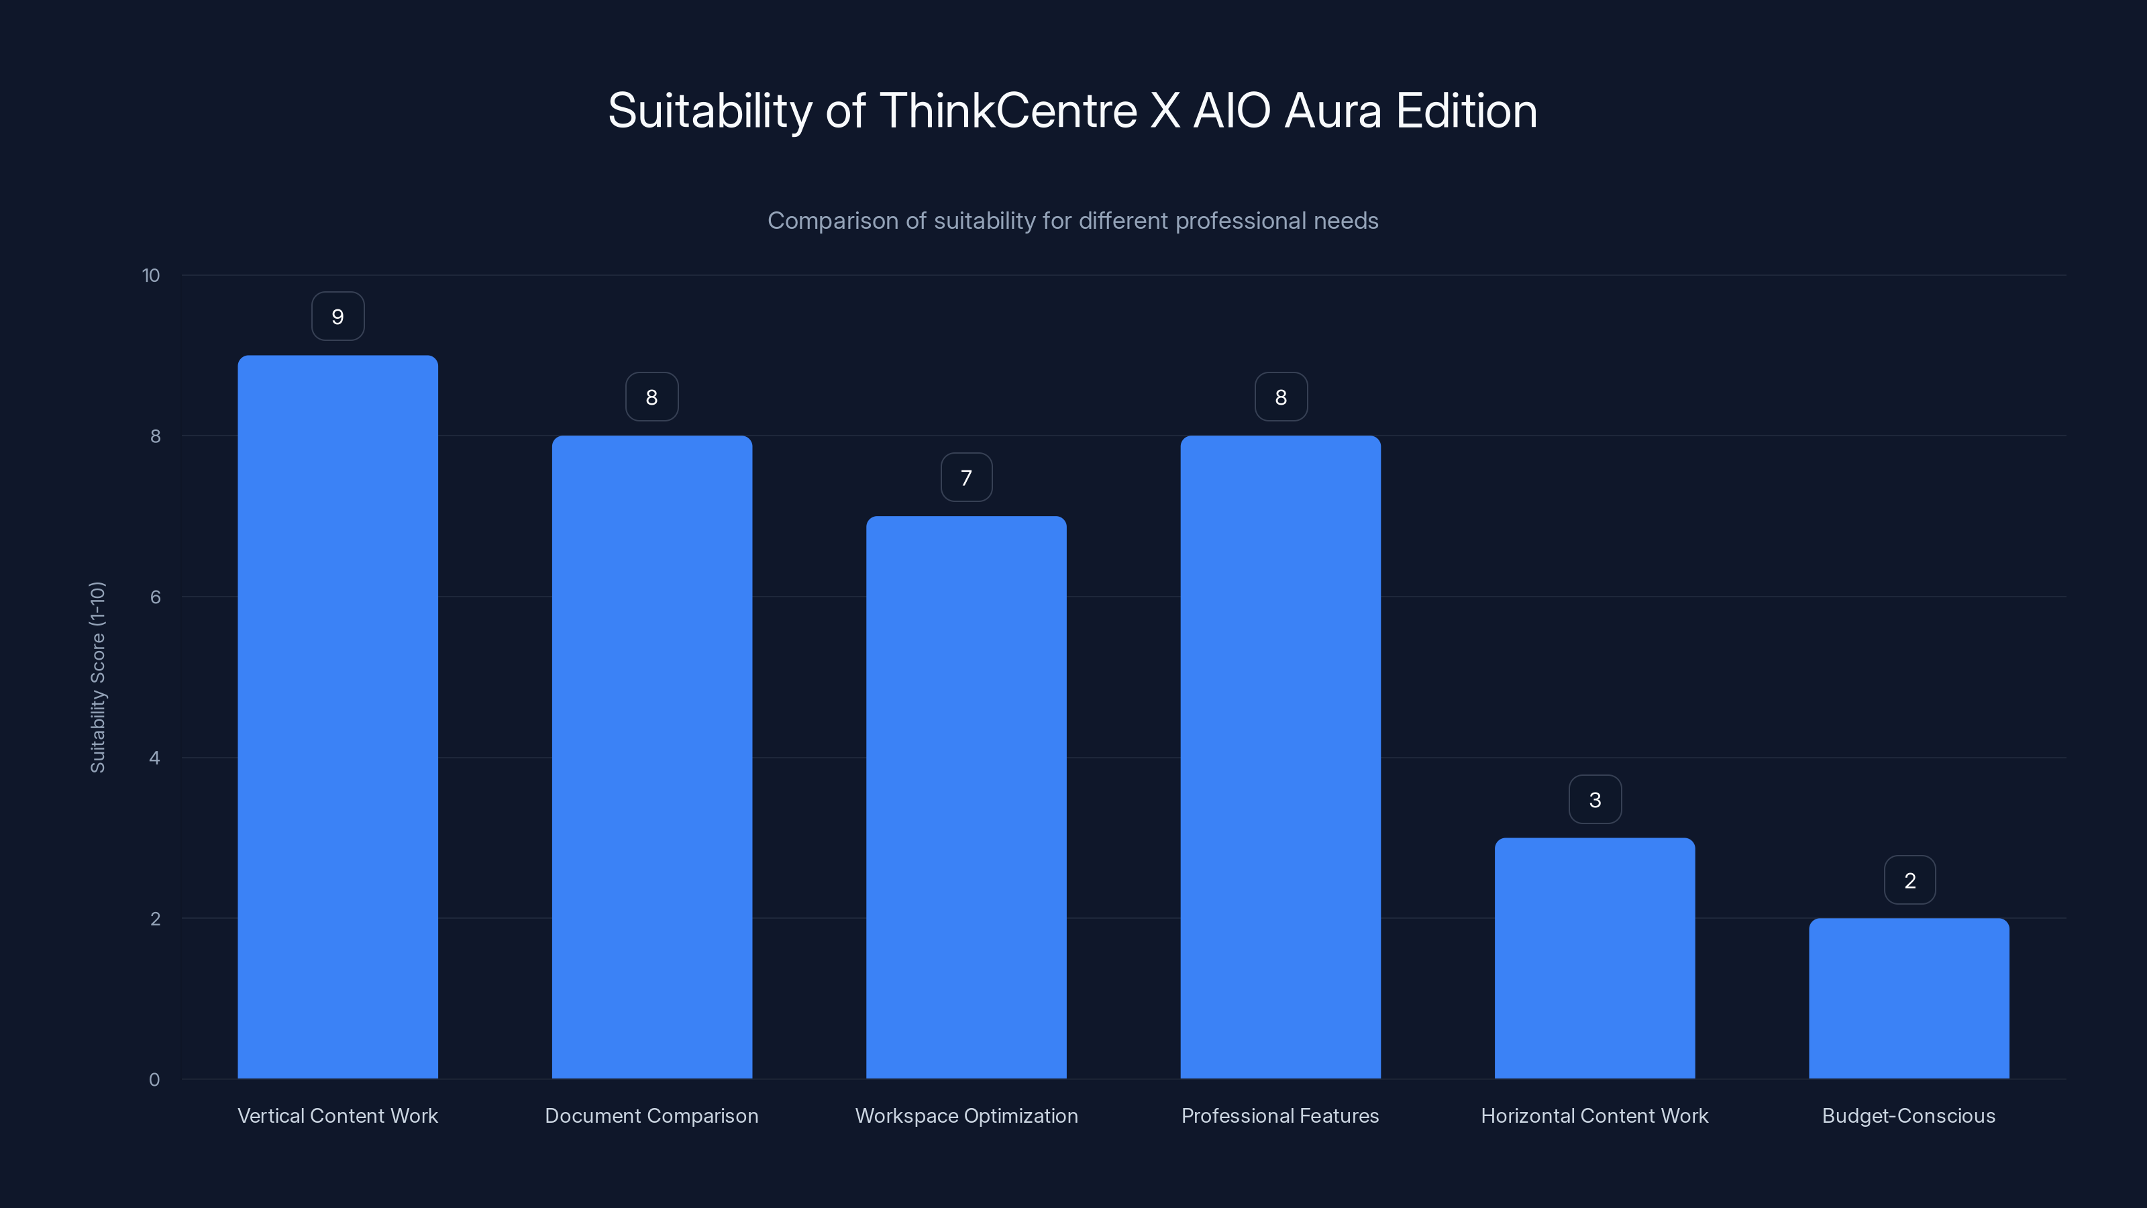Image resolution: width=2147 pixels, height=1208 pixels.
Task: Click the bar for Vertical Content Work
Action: coord(337,717)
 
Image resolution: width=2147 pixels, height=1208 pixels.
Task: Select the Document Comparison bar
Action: coord(651,757)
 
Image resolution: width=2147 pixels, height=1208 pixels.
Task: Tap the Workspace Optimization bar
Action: coord(966,797)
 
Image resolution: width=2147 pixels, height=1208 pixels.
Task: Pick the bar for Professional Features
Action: coord(1280,757)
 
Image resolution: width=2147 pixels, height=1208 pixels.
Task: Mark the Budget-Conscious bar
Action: coord(1909,998)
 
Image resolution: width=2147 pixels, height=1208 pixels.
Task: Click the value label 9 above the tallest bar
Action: coord(337,317)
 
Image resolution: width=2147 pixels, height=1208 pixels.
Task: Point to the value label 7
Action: coord(966,478)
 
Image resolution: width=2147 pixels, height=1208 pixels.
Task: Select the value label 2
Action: coord(1909,880)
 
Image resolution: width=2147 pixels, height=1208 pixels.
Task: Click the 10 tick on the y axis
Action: coord(151,276)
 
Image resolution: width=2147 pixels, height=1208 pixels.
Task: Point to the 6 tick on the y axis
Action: coord(155,597)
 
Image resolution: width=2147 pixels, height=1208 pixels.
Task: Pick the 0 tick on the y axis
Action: coord(154,1080)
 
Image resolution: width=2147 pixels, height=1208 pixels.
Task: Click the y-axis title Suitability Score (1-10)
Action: coord(97,677)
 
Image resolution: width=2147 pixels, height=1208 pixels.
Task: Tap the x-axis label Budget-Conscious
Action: coord(1909,1115)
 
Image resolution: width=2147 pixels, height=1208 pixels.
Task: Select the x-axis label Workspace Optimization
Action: coord(966,1115)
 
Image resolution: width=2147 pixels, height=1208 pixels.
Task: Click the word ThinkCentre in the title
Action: coord(1008,111)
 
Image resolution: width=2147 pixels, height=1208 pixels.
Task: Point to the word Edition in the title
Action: coord(1466,111)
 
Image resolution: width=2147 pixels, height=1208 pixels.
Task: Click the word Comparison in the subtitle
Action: coord(833,221)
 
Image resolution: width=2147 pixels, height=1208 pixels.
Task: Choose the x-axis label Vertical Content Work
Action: coord(337,1115)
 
